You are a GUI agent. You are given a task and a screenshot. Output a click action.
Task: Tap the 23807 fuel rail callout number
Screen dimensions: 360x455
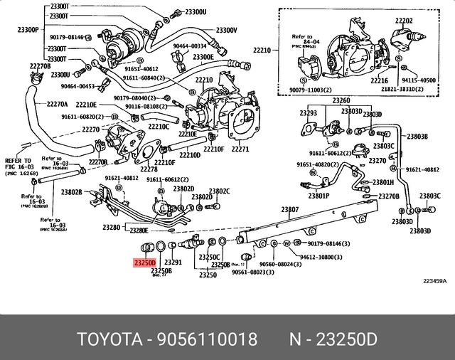click(x=289, y=210)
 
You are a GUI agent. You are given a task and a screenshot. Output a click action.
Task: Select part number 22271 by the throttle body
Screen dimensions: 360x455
click(x=240, y=149)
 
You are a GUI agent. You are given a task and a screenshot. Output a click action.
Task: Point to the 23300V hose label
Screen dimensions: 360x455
click(x=225, y=31)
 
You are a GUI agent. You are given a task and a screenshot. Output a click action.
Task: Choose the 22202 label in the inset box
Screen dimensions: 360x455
click(x=405, y=21)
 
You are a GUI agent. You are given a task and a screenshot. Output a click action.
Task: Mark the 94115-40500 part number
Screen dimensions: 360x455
click(x=418, y=80)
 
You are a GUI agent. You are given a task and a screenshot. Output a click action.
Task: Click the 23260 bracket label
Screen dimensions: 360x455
click(x=341, y=100)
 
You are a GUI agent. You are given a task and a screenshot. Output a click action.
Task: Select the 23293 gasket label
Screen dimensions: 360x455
click(x=307, y=112)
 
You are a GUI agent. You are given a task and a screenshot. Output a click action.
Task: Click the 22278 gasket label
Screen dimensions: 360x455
click(x=149, y=169)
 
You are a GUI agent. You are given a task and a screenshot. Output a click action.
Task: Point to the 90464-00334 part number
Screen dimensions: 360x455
click(x=189, y=46)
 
